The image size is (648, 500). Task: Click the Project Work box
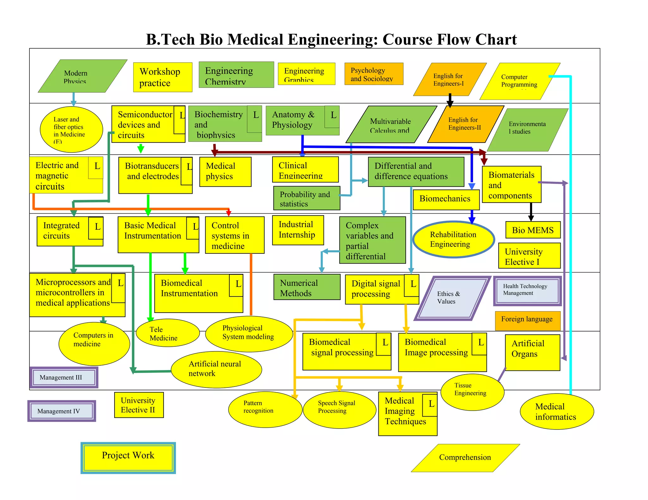(x=128, y=457)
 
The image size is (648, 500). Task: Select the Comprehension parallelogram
(x=465, y=458)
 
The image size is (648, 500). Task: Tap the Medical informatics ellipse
(x=557, y=412)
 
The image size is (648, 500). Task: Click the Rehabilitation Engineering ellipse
(x=453, y=240)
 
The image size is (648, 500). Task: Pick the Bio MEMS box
(x=533, y=230)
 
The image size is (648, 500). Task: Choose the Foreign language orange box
(x=527, y=320)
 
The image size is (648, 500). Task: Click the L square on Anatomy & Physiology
(x=332, y=116)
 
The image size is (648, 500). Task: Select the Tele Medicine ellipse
(x=167, y=333)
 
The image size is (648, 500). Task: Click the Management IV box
(x=62, y=411)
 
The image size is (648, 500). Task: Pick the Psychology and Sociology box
(x=374, y=74)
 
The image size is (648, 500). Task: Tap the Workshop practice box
(x=163, y=77)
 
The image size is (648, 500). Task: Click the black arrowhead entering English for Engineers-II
(x=450, y=104)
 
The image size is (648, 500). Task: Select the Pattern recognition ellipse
(x=265, y=410)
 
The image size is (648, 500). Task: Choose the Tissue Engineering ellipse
(x=472, y=392)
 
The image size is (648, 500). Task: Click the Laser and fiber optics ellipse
(x=71, y=130)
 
